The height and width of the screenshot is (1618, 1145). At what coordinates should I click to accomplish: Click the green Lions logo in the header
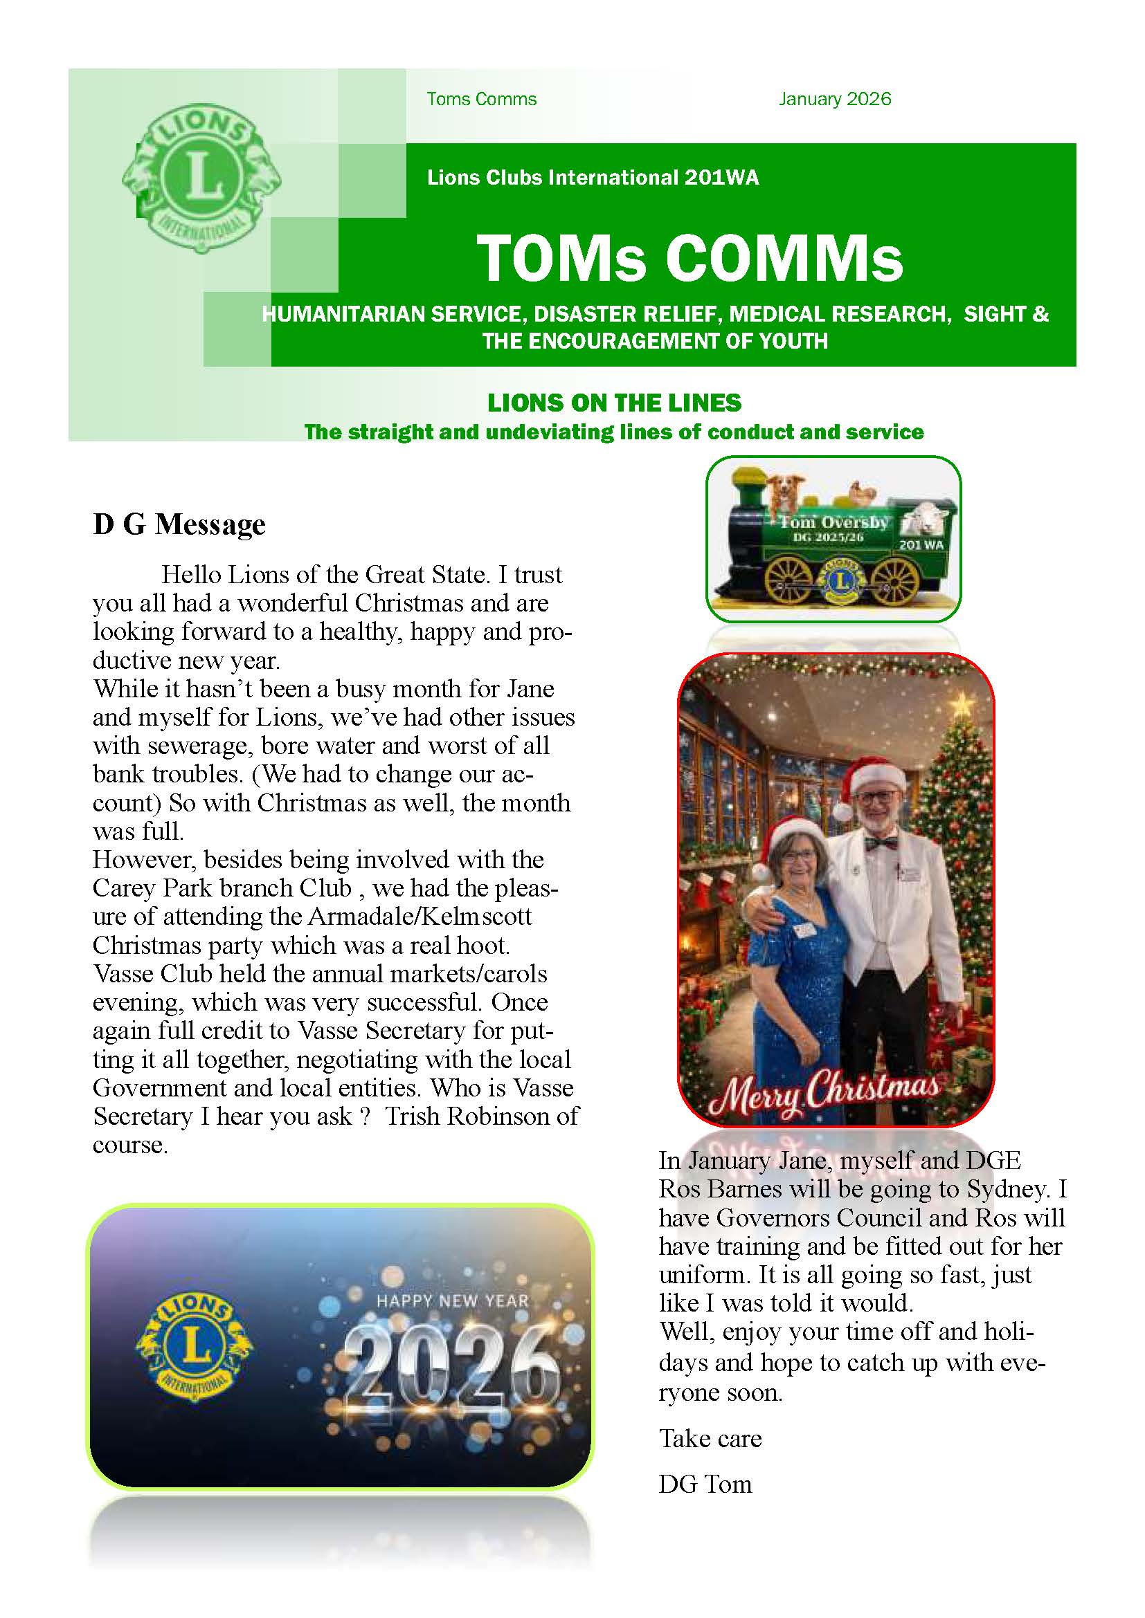(201, 179)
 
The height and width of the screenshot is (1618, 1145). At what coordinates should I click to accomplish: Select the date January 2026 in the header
(834, 100)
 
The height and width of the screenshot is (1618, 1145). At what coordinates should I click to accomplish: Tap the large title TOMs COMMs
(689, 258)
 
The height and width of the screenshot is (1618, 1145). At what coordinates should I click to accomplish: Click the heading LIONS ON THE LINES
(614, 403)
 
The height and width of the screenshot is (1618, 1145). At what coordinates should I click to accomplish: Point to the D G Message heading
(179, 524)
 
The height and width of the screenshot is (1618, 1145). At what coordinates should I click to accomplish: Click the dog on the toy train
(781, 492)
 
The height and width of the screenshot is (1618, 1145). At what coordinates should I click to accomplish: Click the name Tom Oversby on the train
(833, 523)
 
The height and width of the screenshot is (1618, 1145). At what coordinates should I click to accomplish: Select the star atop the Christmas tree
(961, 702)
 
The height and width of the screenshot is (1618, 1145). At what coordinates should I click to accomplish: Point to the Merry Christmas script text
(823, 1093)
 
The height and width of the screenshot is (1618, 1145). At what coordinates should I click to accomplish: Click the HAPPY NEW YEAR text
(453, 1301)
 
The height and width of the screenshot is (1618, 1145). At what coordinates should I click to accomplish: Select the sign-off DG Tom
(705, 1484)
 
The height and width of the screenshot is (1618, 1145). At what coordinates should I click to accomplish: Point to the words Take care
(710, 1438)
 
